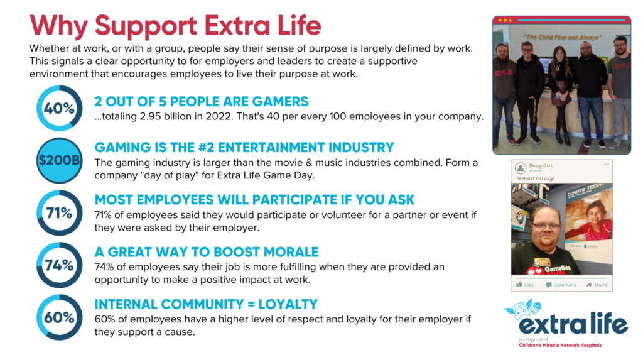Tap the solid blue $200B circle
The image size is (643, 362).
(60, 160)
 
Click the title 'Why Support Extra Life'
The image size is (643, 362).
(175, 25)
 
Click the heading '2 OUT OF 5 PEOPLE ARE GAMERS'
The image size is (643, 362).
(202, 101)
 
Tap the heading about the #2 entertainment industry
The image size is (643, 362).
(244, 147)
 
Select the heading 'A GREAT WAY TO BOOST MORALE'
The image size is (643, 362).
(206, 251)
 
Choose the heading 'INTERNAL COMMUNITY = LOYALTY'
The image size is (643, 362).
(206, 304)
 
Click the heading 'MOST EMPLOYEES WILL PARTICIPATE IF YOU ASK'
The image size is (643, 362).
(254, 199)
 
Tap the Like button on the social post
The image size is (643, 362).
(525, 285)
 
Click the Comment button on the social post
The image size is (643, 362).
(561, 285)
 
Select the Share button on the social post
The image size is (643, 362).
(597, 285)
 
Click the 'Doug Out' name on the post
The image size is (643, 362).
(541, 165)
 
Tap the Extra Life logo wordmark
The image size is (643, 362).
(573, 324)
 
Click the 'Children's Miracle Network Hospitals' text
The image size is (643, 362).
(559, 345)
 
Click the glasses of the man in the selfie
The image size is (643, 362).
(546, 226)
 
